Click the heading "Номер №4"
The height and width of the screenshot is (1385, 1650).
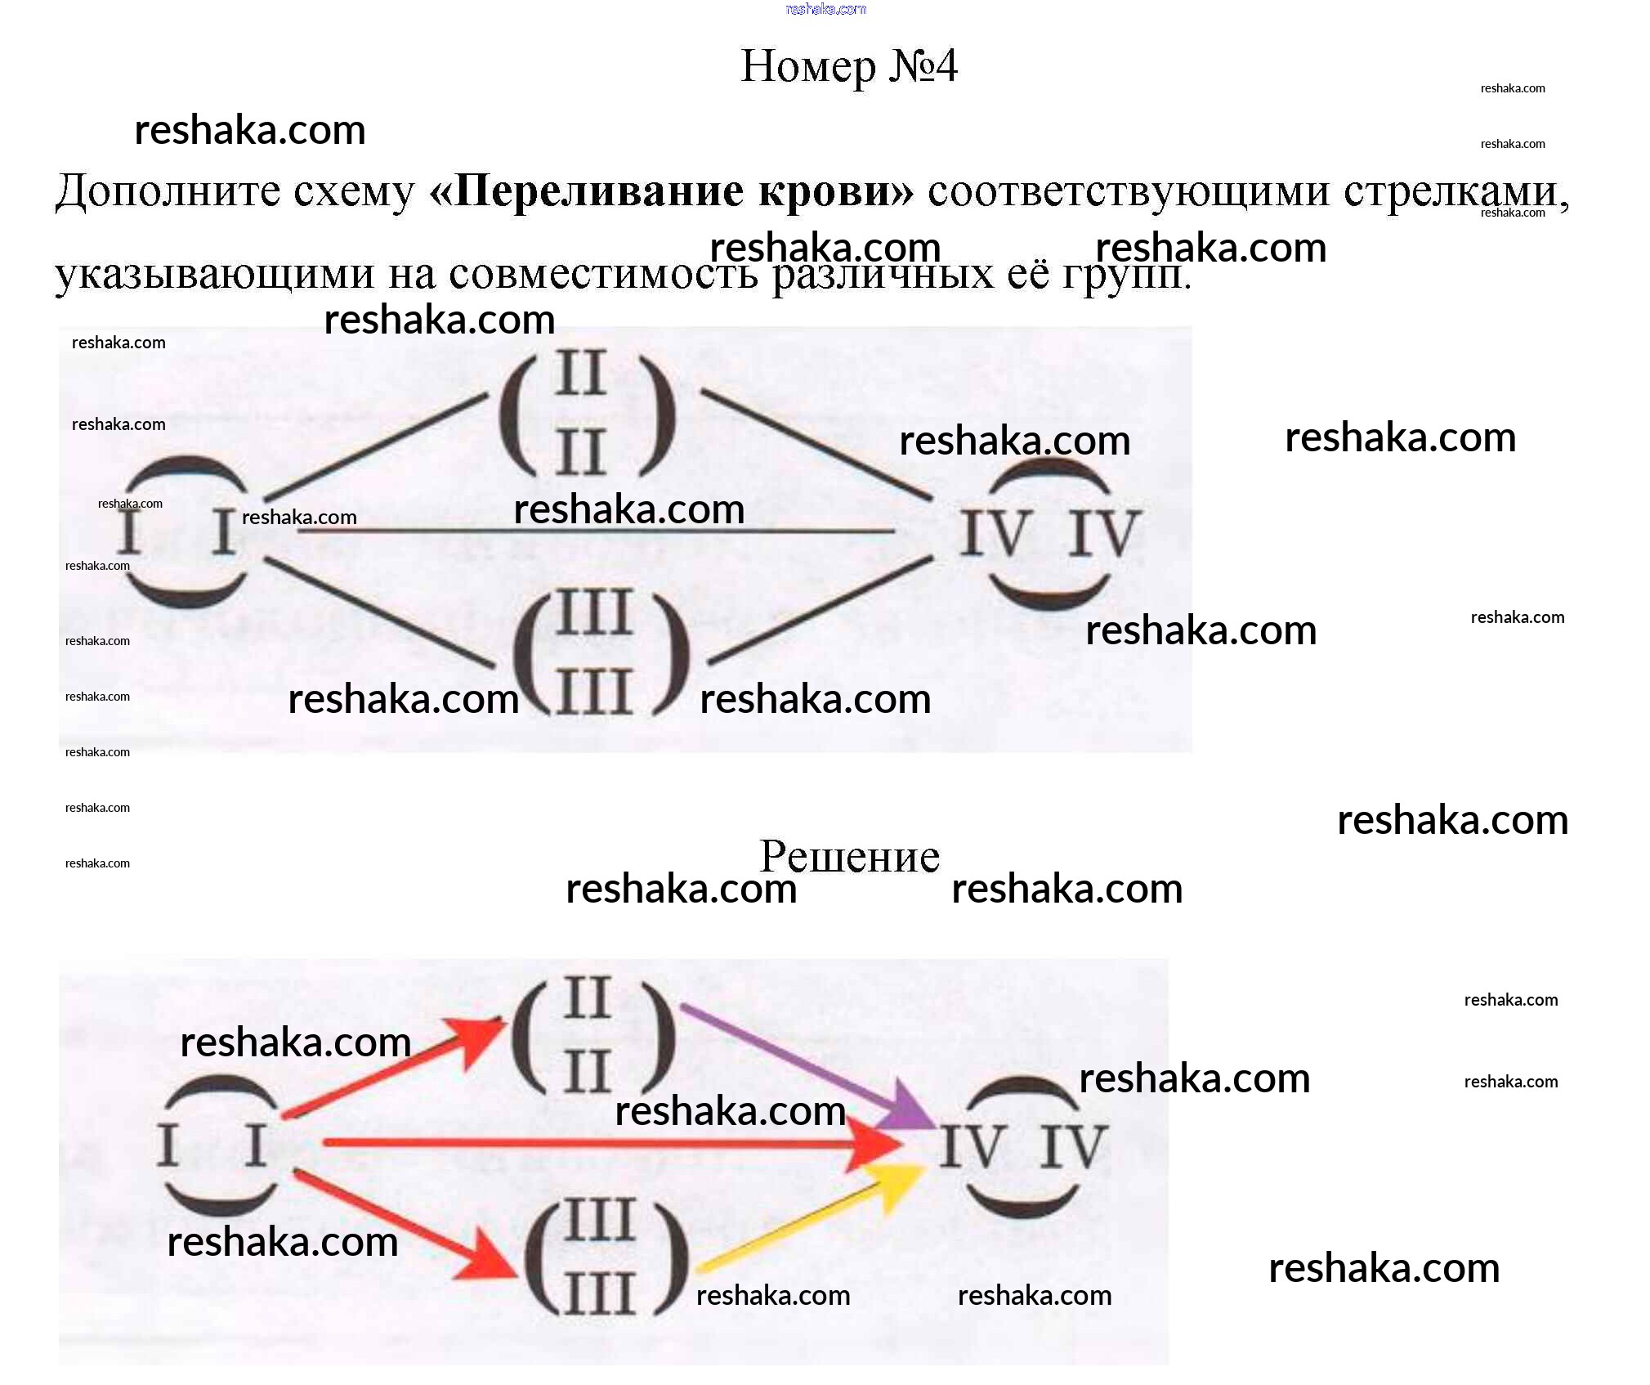tap(848, 65)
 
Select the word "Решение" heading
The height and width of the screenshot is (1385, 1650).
tap(849, 856)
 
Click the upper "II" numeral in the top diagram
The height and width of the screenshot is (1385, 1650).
tap(580, 374)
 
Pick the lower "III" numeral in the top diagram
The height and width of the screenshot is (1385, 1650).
tap(594, 692)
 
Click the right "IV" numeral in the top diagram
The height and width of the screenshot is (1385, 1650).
tap(1102, 533)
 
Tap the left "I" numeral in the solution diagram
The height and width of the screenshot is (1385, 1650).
tap(168, 1145)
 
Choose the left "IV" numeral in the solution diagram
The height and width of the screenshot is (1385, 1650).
tap(971, 1146)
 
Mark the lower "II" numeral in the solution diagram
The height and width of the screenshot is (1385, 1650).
tap(587, 1071)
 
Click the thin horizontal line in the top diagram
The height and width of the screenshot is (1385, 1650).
tap(597, 531)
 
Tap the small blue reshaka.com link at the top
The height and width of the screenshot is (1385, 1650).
tap(825, 9)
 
